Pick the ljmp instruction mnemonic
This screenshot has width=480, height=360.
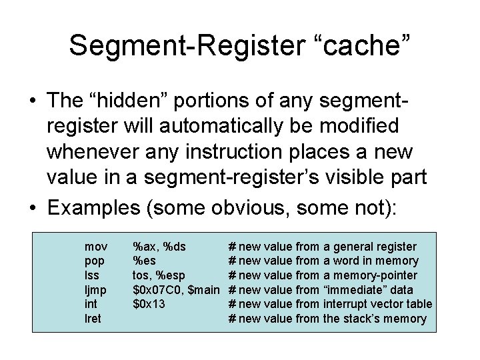[94, 289]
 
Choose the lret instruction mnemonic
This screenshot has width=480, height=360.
[93, 318]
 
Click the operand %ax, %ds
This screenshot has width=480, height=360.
[159, 247]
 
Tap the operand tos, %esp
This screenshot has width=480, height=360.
[159, 275]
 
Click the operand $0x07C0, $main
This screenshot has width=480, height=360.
[176, 289]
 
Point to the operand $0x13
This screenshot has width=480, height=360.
[149, 304]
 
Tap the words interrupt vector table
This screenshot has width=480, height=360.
[377, 304]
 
